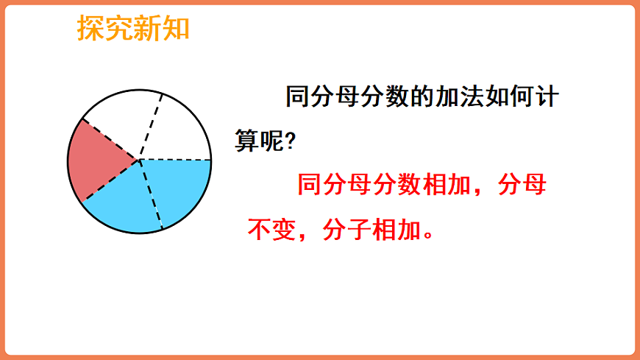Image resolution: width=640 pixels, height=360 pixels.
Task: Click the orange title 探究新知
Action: [133, 28]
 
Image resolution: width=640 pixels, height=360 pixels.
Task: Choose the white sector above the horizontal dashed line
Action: [180, 129]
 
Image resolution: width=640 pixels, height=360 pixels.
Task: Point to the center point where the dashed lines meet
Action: [139, 159]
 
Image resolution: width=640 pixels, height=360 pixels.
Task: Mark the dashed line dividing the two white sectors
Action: [150, 125]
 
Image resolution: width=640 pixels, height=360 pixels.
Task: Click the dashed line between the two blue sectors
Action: [150, 194]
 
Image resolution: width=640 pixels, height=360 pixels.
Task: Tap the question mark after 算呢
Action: [289, 141]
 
